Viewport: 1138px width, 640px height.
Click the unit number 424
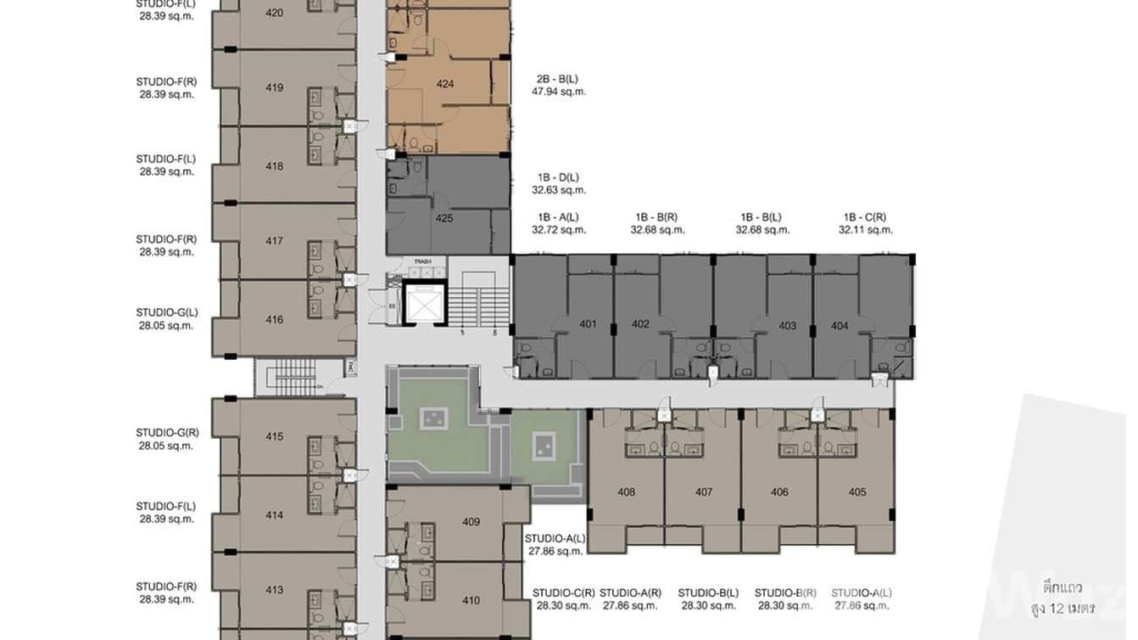444,84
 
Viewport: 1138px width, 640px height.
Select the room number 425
443,218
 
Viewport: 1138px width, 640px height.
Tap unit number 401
588,324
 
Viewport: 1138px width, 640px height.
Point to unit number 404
840,326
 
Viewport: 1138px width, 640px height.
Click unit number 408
626,492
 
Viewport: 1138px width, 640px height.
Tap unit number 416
274,320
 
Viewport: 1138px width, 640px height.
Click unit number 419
274,87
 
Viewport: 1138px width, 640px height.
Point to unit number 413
274,590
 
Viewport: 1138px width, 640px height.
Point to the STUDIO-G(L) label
167,312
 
